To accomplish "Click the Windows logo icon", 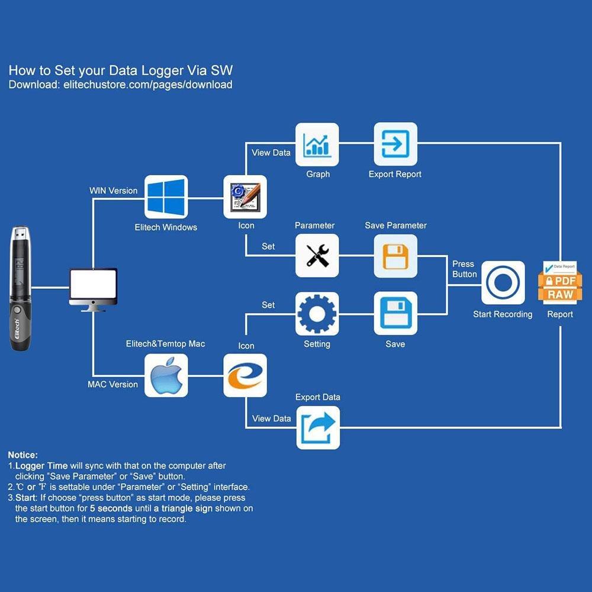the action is [x=166, y=197].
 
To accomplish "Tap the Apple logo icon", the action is [x=166, y=376].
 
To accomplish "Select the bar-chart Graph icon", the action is [x=317, y=144].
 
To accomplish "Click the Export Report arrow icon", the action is [x=395, y=144].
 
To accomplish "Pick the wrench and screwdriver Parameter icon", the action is [x=317, y=256].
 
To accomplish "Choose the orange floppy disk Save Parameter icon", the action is [x=395, y=256].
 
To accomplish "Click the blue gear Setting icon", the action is [x=317, y=314].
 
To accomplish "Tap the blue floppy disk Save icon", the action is [x=395, y=313].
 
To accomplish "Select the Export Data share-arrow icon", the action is [x=318, y=428].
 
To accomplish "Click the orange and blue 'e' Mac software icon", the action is [x=245, y=376].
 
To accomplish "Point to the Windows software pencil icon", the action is [x=245, y=197].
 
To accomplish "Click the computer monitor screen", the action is [x=94, y=284].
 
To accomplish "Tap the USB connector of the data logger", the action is [x=20, y=233].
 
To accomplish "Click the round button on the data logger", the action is [x=17, y=310].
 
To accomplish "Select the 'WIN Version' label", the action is [x=113, y=191].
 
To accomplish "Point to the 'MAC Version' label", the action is [x=112, y=384].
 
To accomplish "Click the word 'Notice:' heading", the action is [x=23, y=455].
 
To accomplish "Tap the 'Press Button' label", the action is [x=464, y=269].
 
